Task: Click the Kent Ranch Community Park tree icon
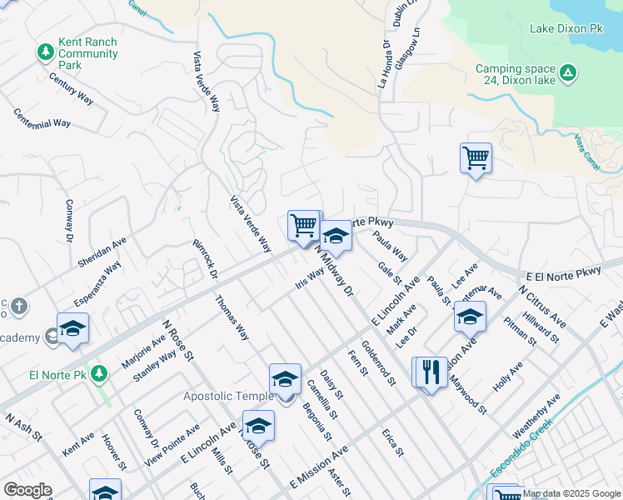pyautogui.click(x=46, y=52)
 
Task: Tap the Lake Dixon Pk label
pyautogui.click(x=566, y=28)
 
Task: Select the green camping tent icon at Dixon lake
pyautogui.click(x=567, y=74)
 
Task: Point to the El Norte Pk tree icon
pyautogui.click(x=100, y=372)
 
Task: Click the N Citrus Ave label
pyautogui.click(x=541, y=306)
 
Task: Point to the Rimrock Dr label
pyautogui.click(x=205, y=259)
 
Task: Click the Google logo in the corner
pyautogui.click(x=27, y=490)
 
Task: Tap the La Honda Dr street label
pyautogui.click(x=383, y=65)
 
